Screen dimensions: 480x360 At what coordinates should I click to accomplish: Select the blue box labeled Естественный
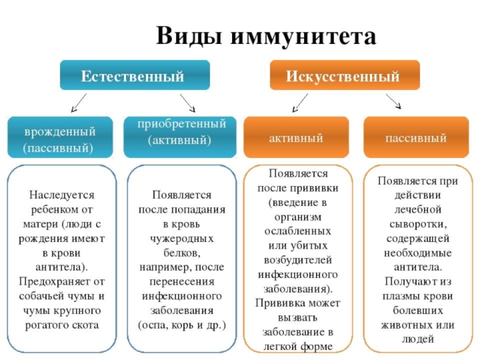point(133,76)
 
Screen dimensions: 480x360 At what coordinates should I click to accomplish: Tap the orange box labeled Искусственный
point(343,76)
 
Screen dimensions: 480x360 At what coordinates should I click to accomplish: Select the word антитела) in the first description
point(62,266)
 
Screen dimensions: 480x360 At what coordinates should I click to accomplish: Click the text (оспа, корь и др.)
point(182,325)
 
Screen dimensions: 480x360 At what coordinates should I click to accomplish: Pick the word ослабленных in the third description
point(296,230)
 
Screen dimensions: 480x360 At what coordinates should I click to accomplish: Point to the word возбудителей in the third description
point(296,259)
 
